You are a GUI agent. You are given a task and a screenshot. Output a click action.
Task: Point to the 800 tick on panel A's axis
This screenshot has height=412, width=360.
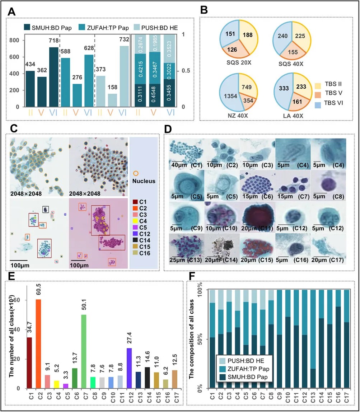click(15, 41)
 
